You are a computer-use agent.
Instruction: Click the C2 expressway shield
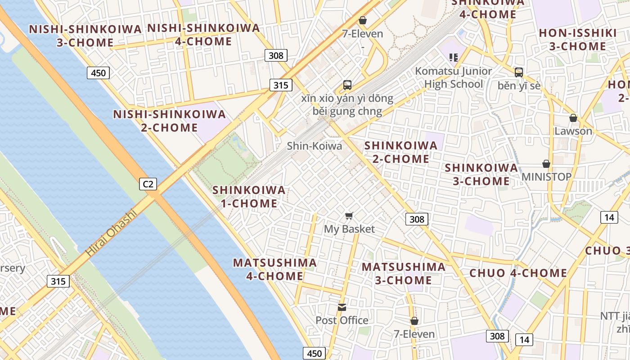click(x=148, y=184)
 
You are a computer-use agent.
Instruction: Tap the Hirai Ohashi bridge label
click(x=111, y=233)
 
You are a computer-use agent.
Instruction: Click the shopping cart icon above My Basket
click(x=349, y=216)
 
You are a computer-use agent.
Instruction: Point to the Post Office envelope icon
click(x=342, y=307)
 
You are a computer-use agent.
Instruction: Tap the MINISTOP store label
click(x=546, y=176)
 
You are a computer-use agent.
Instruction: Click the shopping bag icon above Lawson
click(x=573, y=118)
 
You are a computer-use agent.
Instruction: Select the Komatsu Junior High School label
click(x=454, y=77)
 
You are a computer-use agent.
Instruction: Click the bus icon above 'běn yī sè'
click(x=519, y=72)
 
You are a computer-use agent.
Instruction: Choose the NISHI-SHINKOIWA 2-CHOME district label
click(x=169, y=121)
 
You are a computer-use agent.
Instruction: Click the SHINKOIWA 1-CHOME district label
click(x=249, y=197)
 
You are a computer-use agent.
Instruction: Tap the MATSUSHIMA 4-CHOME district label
click(x=274, y=269)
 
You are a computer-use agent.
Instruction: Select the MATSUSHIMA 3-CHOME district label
click(x=404, y=274)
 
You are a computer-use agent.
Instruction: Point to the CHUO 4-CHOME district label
click(x=518, y=273)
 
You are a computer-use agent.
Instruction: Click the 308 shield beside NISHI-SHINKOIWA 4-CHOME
click(x=276, y=55)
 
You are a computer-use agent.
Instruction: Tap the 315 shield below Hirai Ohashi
click(x=58, y=282)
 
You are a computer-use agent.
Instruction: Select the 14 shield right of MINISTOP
click(x=609, y=217)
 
